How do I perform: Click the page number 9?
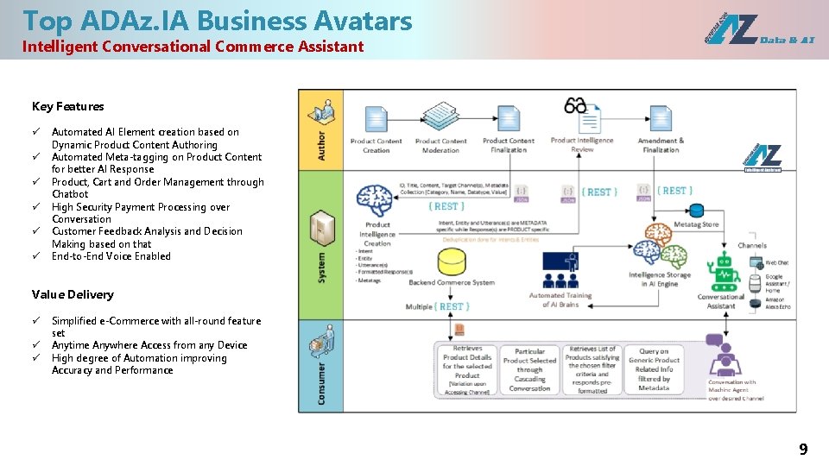(x=803, y=449)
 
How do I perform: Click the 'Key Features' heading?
(x=67, y=107)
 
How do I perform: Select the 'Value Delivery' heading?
(x=73, y=294)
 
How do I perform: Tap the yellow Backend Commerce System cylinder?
(x=452, y=261)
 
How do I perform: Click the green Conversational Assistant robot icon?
(x=720, y=273)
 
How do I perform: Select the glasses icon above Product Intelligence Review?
(x=576, y=105)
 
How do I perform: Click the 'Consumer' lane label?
(x=321, y=384)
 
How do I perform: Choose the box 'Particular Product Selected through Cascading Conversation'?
(x=529, y=370)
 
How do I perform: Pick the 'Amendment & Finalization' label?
(x=661, y=145)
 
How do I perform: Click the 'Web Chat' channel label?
(x=776, y=262)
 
